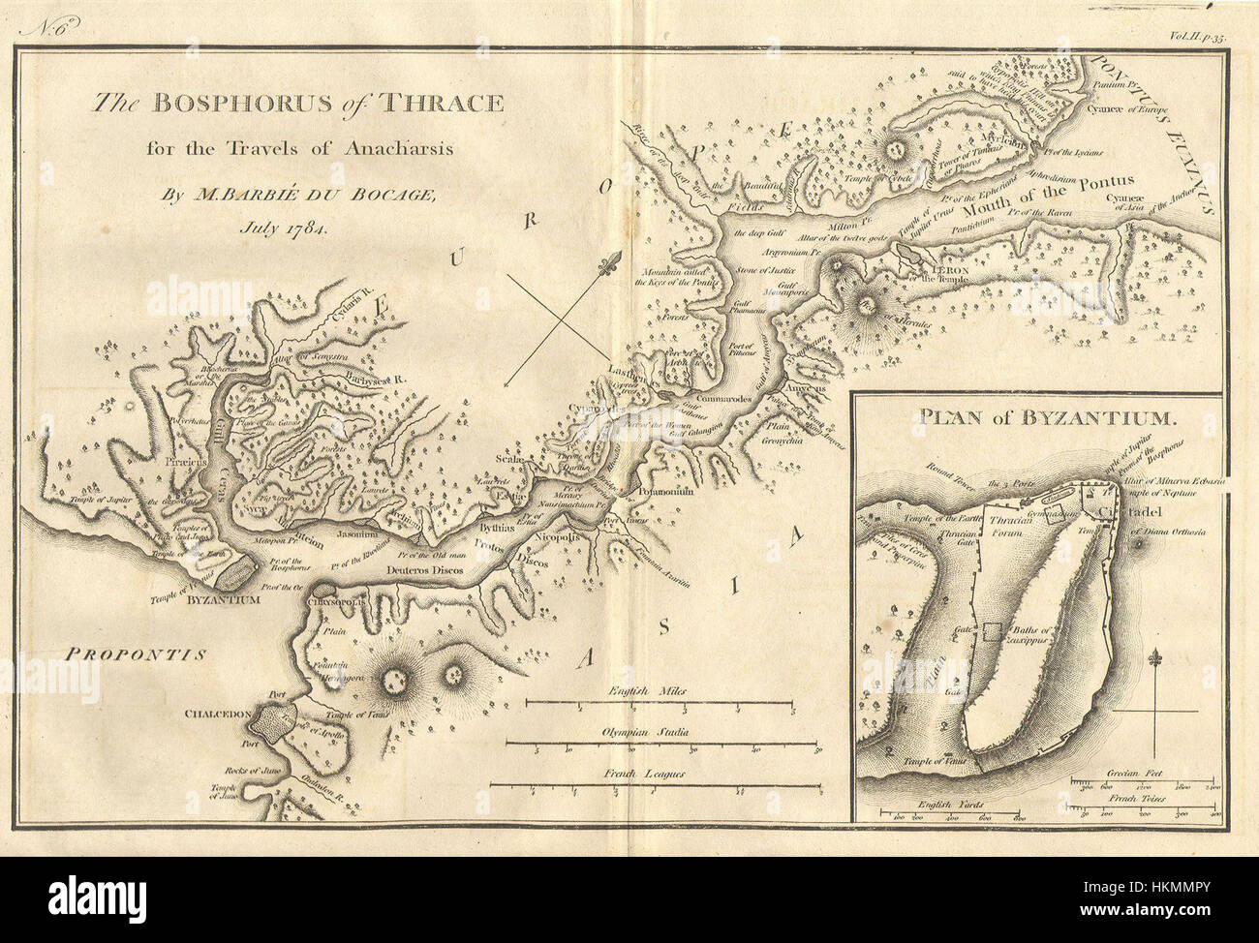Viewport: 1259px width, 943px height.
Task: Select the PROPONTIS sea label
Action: click(137, 654)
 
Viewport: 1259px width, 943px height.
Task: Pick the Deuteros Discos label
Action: click(417, 572)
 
